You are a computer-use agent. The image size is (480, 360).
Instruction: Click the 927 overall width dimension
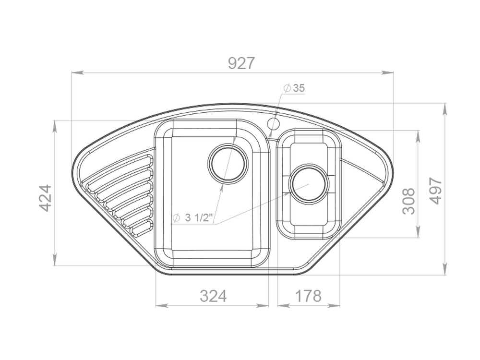coord(241,63)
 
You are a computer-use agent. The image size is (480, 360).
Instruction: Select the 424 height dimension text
coord(46,198)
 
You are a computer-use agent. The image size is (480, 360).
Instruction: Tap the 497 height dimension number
coord(435,191)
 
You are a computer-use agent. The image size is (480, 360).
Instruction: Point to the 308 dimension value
coord(408,201)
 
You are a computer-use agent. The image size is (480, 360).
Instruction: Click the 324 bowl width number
coord(214,296)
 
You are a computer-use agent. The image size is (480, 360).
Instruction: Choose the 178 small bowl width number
coord(308,296)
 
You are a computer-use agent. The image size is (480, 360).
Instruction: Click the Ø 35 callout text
coord(294,88)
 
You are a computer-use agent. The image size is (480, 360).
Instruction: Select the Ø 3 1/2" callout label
coord(192,218)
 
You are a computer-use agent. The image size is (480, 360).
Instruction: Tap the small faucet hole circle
coord(274,124)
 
